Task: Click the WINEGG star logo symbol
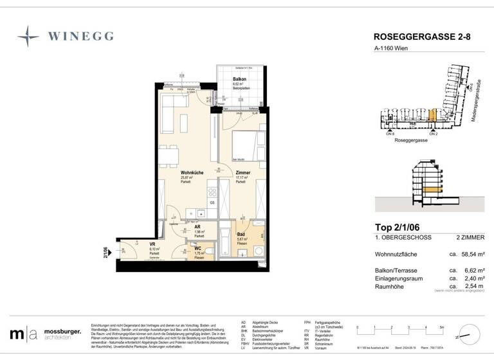pos(28,36)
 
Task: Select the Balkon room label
pos(239,78)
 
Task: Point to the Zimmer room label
pos(242,173)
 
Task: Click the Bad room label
pos(241,235)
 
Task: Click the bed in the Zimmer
pos(245,144)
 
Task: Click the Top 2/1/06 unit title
pos(399,226)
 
